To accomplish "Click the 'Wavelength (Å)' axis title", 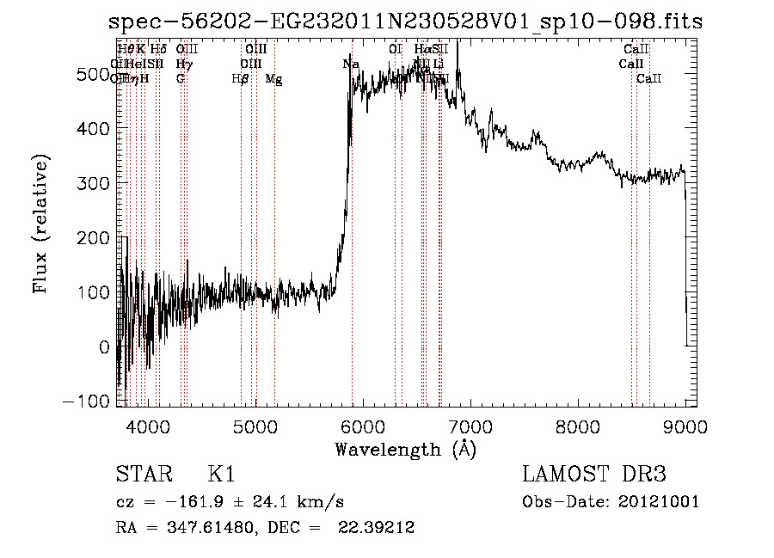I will (405, 449).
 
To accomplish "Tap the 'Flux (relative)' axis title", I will (40, 224).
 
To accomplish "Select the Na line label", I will (351, 64).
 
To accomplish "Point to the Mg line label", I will (273, 79).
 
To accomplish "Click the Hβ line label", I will (241, 79).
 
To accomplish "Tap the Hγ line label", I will (184, 64).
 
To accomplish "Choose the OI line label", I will (396, 50).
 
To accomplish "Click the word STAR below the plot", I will (137, 475).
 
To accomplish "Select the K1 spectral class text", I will (221, 475).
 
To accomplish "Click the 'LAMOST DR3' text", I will (593, 475).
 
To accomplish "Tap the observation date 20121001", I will (658, 502).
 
